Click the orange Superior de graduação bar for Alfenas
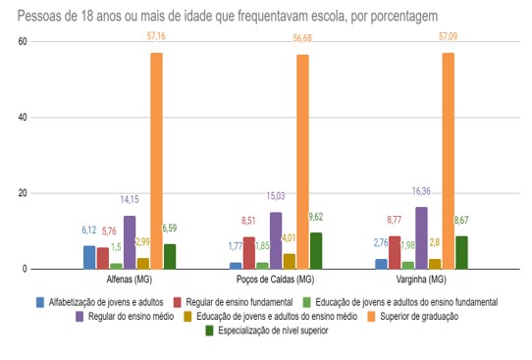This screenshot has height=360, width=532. [x=156, y=161]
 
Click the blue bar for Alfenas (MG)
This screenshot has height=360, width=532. [x=89, y=257]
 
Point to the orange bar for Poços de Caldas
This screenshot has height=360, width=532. [x=302, y=162]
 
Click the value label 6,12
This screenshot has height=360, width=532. [x=89, y=230]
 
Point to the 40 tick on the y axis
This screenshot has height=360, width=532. [x=22, y=118]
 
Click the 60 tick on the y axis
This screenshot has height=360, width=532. [x=22, y=42]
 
